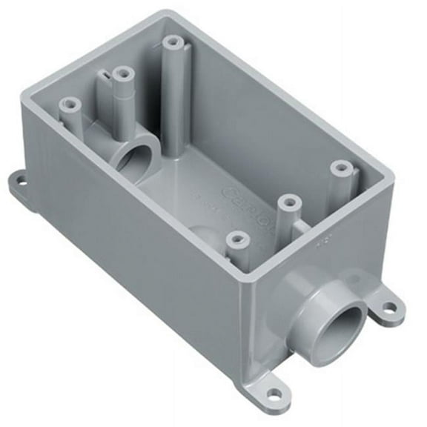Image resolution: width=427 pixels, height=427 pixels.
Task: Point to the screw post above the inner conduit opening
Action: click(122, 73)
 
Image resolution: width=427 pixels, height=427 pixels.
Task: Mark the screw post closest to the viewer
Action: click(236, 238)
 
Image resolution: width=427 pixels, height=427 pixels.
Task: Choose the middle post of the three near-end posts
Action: click(288, 202)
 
